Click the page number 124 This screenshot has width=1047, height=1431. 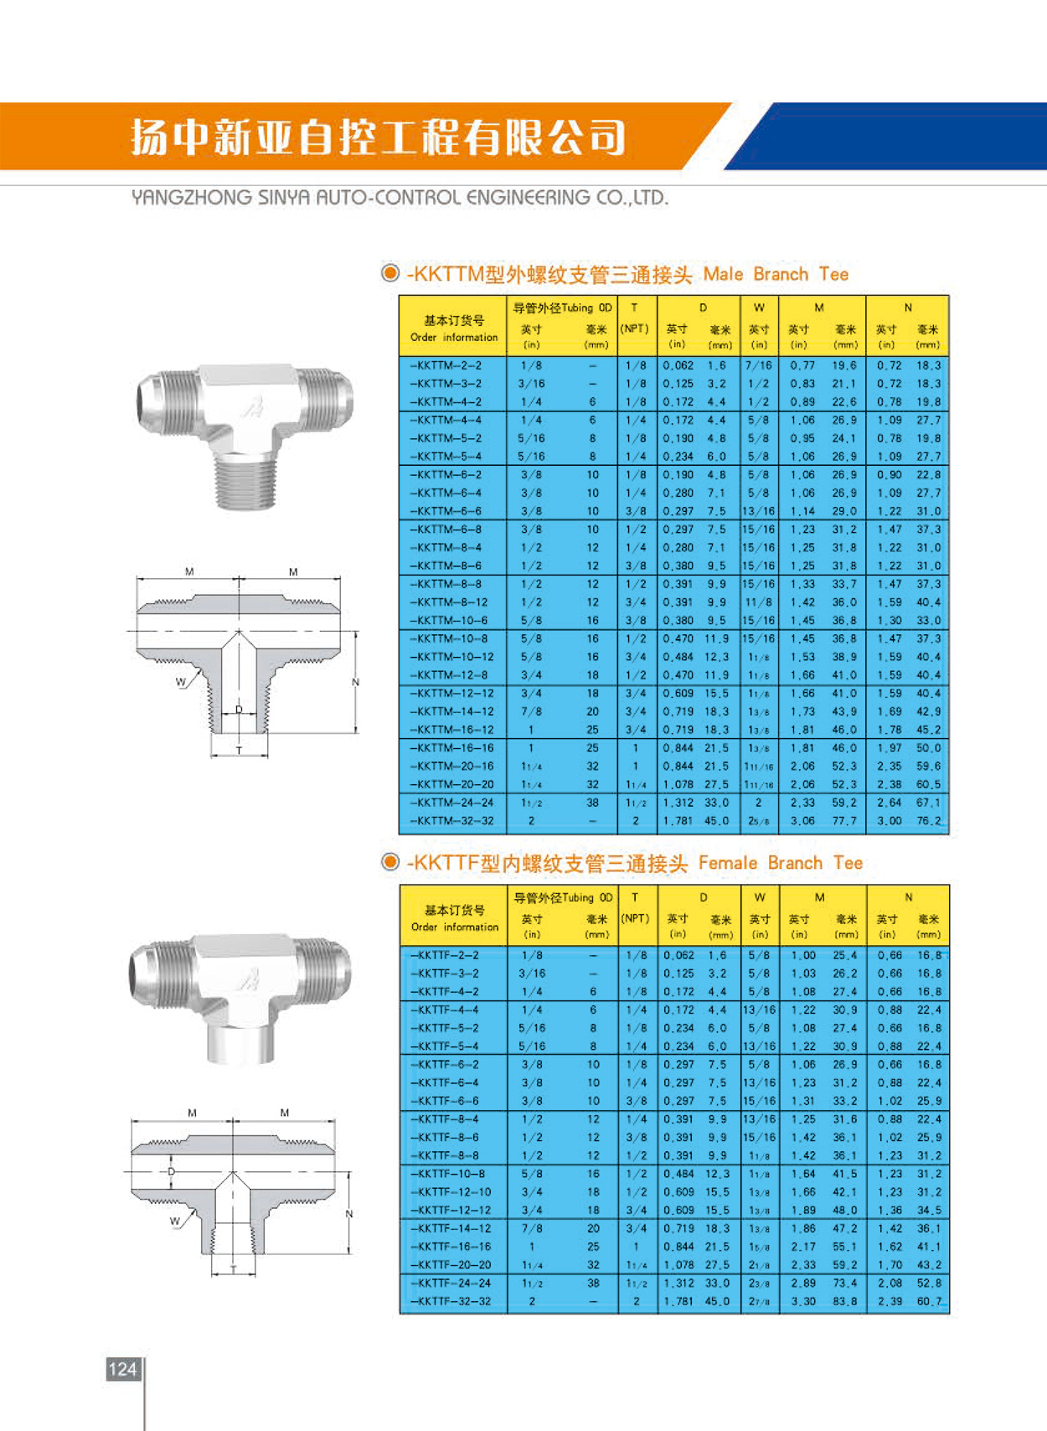point(122,1369)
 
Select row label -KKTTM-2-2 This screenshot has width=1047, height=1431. point(446,365)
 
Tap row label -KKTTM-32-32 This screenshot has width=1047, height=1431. point(451,821)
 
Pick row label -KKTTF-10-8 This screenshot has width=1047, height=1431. point(449,1174)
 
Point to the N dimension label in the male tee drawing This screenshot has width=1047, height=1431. point(355,682)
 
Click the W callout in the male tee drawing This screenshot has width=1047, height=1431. point(180,682)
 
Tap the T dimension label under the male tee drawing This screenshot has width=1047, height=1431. point(239,751)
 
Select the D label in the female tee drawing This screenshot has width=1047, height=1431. point(172,1171)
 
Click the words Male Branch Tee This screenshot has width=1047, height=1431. point(776,274)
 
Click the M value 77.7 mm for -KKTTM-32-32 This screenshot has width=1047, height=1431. point(844,821)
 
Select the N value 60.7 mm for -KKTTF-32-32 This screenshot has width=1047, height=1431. point(929,1301)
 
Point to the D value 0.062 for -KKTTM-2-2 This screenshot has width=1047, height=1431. point(678,365)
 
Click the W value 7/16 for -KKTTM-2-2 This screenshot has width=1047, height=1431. point(759,365)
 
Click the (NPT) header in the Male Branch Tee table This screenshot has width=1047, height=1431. point(634,328)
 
